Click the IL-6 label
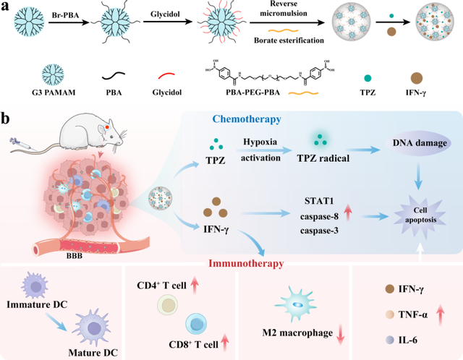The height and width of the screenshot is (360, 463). click(x=402, y=338)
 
